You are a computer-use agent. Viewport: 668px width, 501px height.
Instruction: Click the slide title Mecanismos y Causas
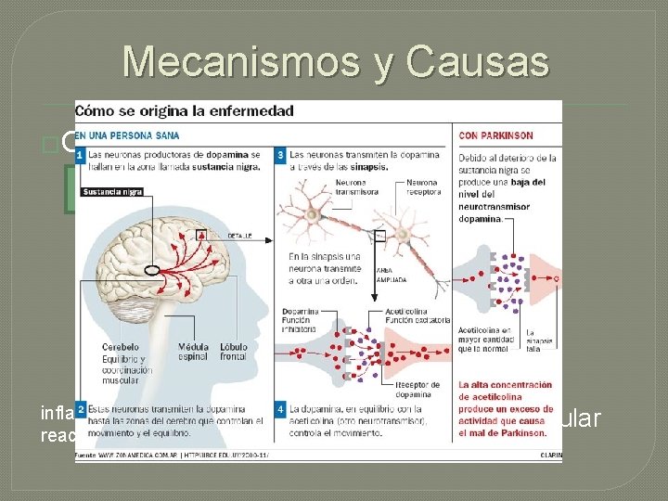pyautogui.click(x=335, y=61)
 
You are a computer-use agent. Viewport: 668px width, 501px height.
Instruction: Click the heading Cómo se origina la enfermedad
pyautogui.click(x=185, y=110)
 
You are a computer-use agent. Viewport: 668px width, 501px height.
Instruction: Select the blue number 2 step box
pyautogui.click(x=81, y=408)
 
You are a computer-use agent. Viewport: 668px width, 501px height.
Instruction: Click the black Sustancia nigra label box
pyautogui.click(x=112, y=192)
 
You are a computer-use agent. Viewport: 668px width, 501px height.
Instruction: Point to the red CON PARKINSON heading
pyautogui.click(x=496, y=135)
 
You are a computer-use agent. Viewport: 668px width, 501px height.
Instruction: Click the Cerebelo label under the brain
pyautogui.click(x=121, y=347)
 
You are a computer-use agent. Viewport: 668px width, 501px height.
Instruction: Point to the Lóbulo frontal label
pyautogui.click(x=233, y=352)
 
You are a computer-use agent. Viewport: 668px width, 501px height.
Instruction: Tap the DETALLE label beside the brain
pyautogui.click(x=240, y=236)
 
